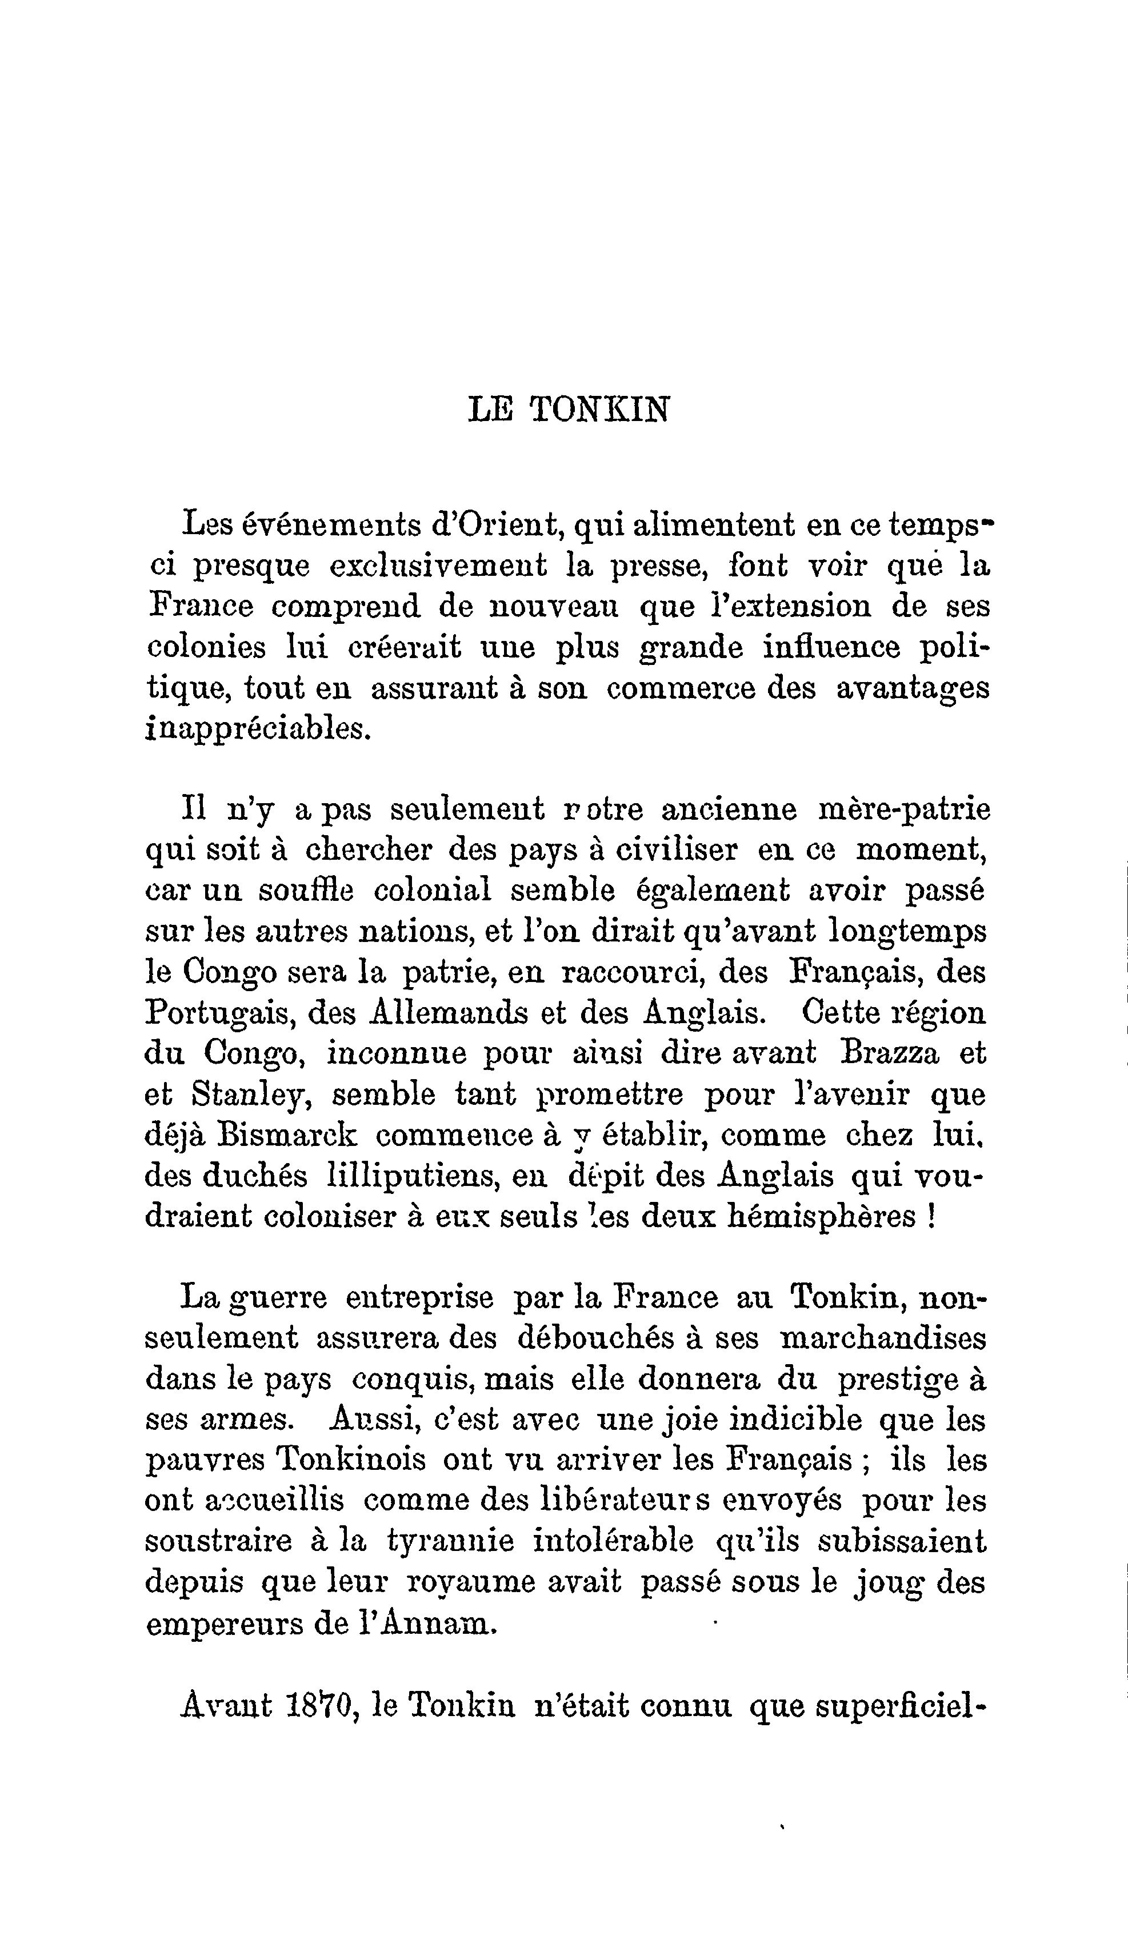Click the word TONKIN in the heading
(x=599, y=410)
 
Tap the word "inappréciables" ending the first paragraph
(x=257, y=728)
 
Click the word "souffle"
(x=306, y=891)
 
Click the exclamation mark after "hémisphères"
(x=930, y=1216)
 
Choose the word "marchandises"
(x=882, y=1338)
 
